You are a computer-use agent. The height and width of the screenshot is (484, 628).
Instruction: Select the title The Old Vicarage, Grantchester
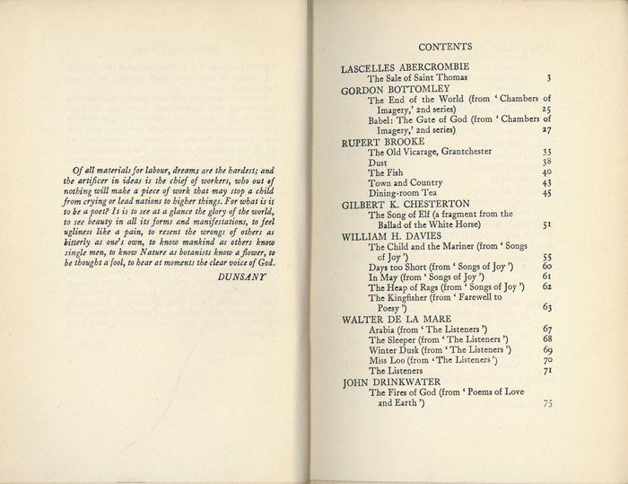(431, 153)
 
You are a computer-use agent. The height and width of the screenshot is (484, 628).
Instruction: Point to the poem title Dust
(379, 163)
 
